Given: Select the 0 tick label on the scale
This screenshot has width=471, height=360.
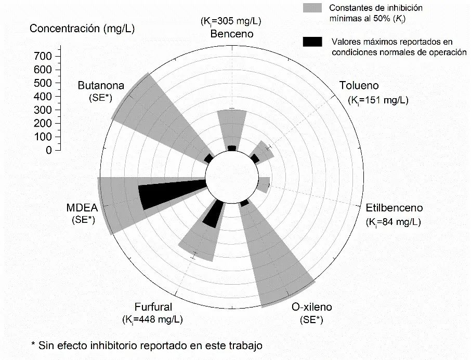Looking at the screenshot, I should [48, 151].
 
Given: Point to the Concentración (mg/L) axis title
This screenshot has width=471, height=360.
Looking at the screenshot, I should [82, 29].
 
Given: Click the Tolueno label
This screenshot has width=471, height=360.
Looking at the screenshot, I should [359, 86].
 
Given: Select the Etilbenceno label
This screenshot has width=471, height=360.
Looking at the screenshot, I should [394, 208].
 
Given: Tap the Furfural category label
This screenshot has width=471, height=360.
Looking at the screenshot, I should [153, 307].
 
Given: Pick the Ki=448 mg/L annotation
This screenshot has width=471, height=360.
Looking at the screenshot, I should [153, 319].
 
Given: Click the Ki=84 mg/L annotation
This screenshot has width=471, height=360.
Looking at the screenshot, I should [393, 222].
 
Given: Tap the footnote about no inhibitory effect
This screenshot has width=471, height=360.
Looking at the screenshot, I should [147, 345].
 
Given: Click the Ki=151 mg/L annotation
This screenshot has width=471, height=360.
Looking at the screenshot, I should [378, 100].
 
